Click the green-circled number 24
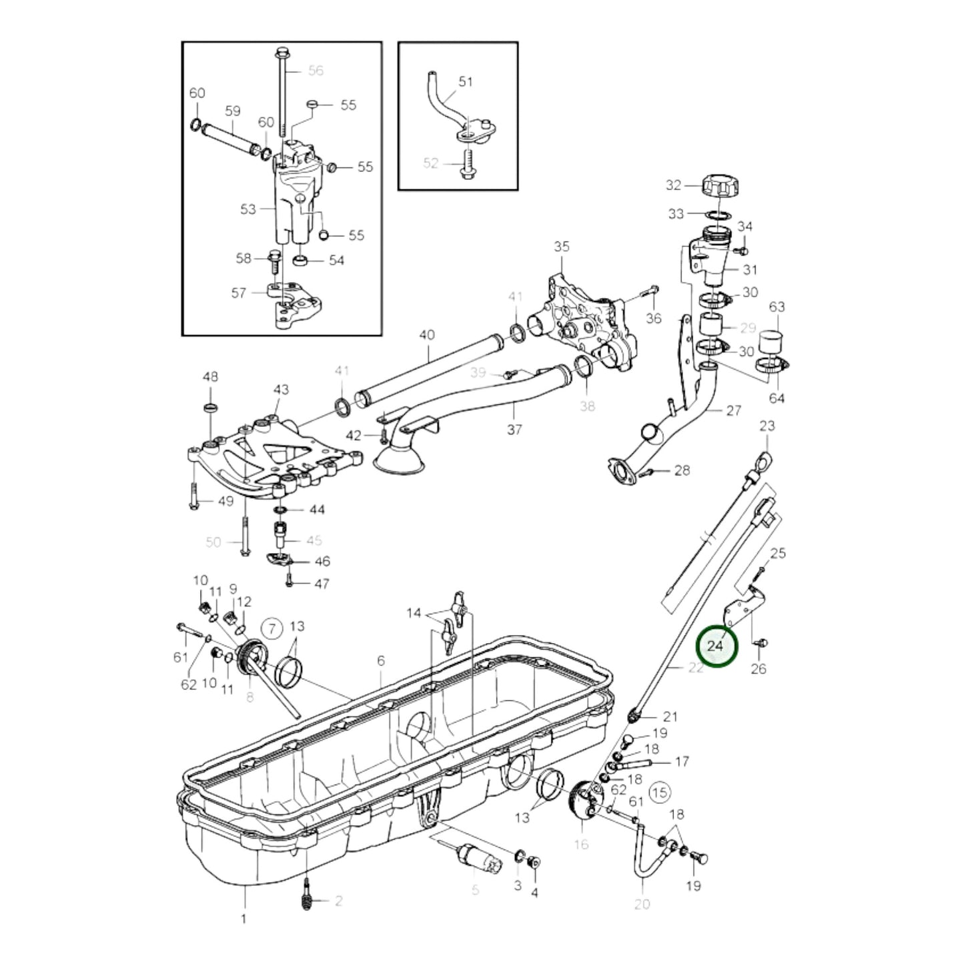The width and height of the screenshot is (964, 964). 716,645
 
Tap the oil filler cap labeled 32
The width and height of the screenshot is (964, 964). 722,185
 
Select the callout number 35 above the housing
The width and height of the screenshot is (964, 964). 562,247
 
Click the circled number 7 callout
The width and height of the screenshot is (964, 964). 271,627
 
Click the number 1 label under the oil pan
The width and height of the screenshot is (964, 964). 244,919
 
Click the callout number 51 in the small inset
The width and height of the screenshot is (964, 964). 466,81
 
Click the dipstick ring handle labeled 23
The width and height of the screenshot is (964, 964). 765,460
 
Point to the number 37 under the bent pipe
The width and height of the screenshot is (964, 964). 514,430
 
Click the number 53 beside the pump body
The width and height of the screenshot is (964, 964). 248,209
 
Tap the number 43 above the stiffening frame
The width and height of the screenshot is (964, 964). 281,389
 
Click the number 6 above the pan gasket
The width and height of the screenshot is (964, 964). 380,660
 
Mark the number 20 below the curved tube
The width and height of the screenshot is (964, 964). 642,904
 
